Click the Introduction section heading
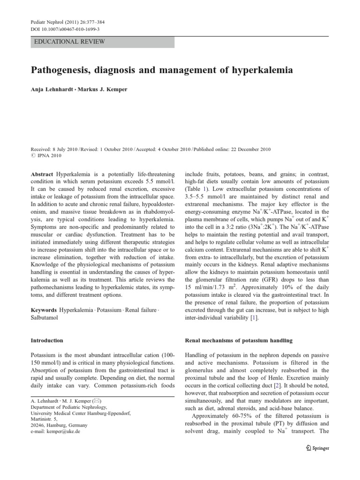click(x=47, y=340)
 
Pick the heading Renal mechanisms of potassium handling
click(x=239, y=340)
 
